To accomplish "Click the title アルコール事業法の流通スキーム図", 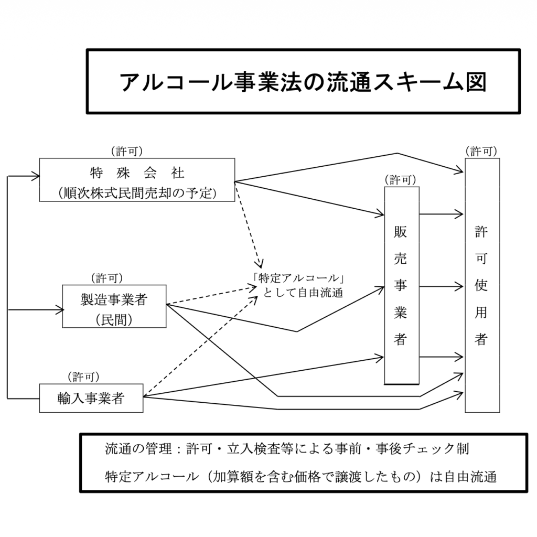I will click(304, 82).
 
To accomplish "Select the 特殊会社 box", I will click(137, 179).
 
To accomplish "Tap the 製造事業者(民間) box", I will click(114, 306).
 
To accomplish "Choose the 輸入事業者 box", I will click(91, 398).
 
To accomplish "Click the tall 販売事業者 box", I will click(401, 285).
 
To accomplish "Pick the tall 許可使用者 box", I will click(482, 285).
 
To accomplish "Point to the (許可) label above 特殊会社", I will click(126, 151).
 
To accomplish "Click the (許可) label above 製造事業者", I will click(107, 277).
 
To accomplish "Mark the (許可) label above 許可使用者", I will click(481, 151).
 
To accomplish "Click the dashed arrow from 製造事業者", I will click(210, 296).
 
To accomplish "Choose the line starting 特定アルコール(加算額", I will click(300, 477).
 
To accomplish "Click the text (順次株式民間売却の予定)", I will click(137, 192).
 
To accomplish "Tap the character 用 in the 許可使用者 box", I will click(481, 313).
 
